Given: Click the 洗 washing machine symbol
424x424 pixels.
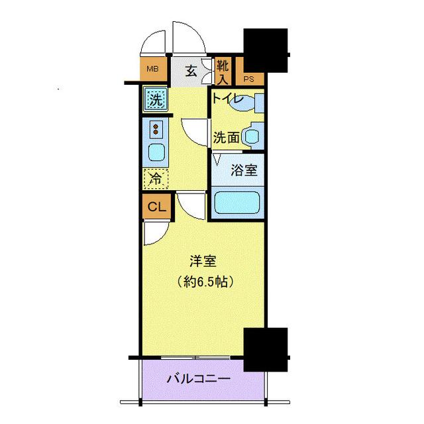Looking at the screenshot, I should click(x=155, y=101).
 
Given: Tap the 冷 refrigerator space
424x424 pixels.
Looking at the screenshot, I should click(x=156, y=178).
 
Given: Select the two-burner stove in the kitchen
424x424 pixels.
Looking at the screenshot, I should click(x=156, y=129).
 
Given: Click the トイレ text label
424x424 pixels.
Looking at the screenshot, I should click(x=229, y=100).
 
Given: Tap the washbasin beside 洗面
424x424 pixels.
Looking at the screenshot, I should click(x=251, y=136).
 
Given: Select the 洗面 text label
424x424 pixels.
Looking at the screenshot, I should click(x=226, y=138).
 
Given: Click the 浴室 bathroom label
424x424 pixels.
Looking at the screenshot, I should click(x=243, y=170).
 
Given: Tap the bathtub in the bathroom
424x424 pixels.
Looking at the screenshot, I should click(x=238, y=202).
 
